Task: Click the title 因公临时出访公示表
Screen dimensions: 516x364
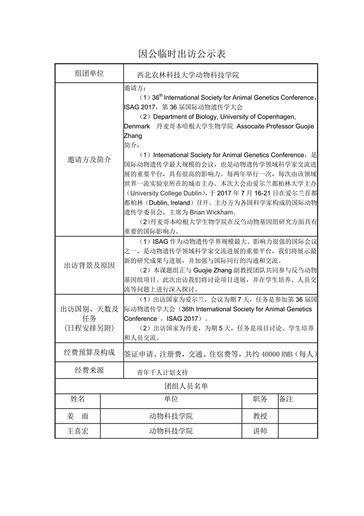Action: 182,53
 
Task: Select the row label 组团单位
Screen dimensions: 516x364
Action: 89,73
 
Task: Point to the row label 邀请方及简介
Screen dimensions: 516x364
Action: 89,160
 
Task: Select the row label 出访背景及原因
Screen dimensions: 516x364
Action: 89,266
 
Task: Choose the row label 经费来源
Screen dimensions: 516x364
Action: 89,370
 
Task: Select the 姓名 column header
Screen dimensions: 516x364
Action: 78,399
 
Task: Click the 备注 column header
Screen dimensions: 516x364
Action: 286,399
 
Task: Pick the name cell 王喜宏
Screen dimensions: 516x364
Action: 78,431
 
